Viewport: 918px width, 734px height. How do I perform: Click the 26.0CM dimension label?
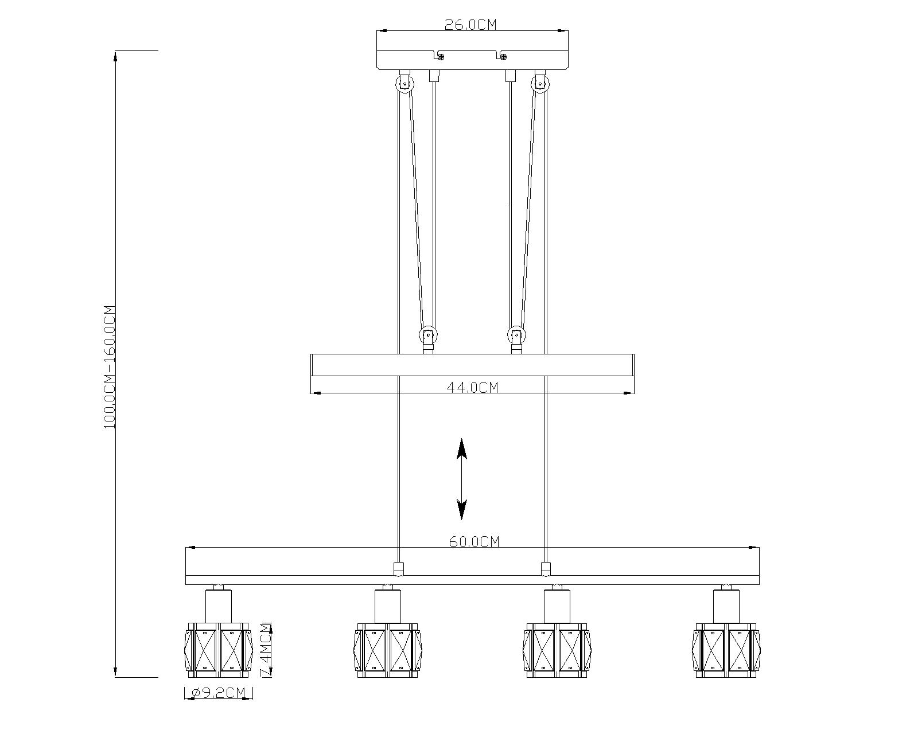470,25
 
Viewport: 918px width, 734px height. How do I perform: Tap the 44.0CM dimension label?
472,387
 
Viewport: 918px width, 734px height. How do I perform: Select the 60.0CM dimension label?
474,542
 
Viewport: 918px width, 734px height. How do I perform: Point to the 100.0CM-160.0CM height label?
110,367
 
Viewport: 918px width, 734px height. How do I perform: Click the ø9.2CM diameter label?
219,693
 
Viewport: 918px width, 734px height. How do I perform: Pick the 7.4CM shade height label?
266,650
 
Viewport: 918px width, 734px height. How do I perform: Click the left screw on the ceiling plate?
441,56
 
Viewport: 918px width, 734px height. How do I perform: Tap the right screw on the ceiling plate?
503,56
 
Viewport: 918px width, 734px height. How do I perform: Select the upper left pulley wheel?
403,83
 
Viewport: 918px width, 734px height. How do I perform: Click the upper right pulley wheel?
540,83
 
